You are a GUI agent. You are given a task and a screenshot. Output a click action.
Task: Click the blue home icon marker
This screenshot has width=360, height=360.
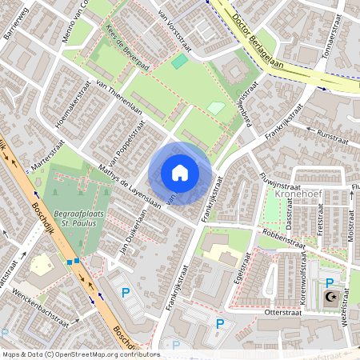click(180, 173)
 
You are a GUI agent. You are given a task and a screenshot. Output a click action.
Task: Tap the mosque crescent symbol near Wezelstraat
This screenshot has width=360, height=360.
click(330, 297)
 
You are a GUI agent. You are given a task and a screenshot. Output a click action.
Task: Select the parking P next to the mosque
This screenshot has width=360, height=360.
click(329, 282)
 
